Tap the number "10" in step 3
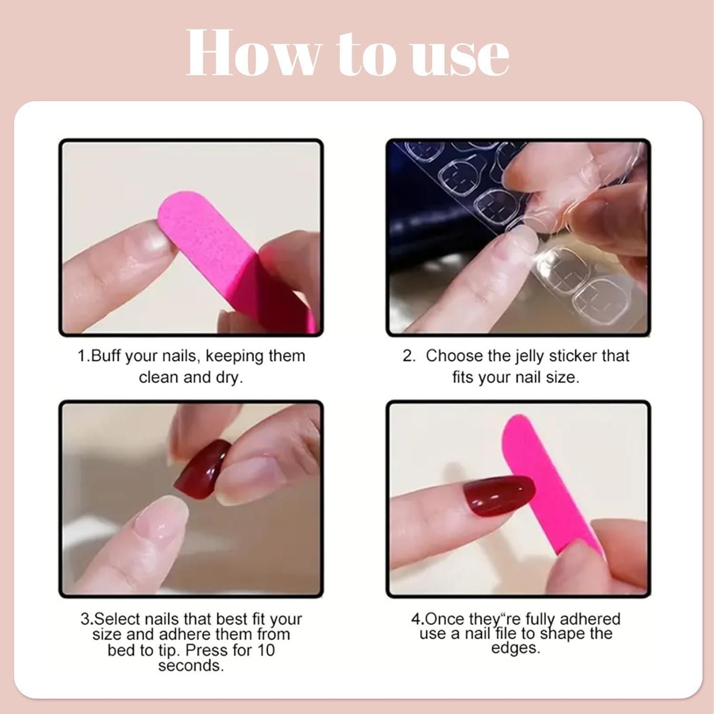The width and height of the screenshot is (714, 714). [266, 650]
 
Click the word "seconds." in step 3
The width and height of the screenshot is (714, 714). [191, 665]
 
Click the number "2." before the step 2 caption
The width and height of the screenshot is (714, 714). [409, 356]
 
